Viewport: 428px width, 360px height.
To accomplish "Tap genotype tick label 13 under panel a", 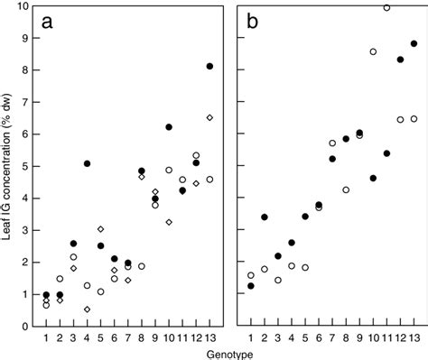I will (209, 337).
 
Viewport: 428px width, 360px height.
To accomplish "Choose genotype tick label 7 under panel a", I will (127, 337).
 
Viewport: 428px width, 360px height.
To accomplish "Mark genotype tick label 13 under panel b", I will (414, 337).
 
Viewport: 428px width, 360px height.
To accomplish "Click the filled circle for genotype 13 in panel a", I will (209, 66).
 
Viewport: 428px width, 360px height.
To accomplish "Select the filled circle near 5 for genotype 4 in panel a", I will (87, 163).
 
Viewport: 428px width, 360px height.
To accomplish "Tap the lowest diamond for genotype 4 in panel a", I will (87, 309).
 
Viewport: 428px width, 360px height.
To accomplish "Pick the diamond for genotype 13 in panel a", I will (209, 117).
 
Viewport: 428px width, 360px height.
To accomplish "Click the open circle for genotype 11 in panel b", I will (386, 7).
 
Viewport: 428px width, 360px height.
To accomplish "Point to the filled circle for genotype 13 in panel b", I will (414, 43).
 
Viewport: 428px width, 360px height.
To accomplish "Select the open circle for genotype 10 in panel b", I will (373, 51).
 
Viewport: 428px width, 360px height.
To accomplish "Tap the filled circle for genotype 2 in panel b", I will (264, 217).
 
